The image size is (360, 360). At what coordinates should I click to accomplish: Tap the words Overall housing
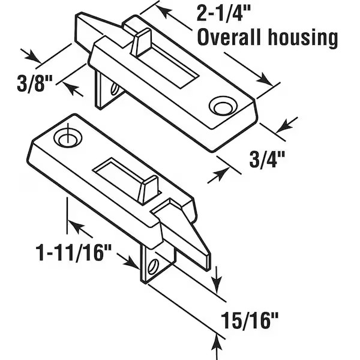pyautogui.click(x=267, y=38)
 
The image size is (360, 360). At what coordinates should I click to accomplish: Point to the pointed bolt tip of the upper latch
pyautogui.click(x=84, y=22)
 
